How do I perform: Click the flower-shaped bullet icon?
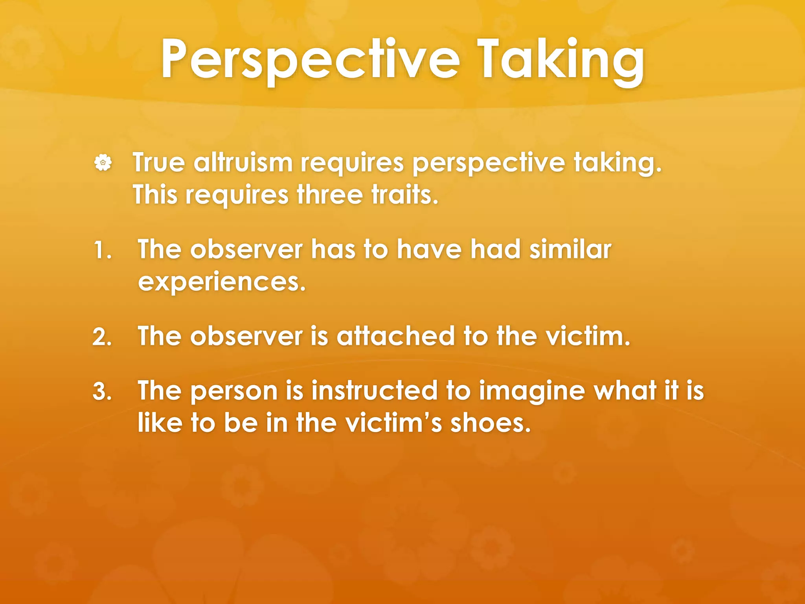tap(103, 162)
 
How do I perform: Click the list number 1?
tap(102, 250)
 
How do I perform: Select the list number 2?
tap(102, 337)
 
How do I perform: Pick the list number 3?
tap(102, 392)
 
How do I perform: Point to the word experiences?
tap(222, 282)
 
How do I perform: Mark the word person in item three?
tap(234, 392)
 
